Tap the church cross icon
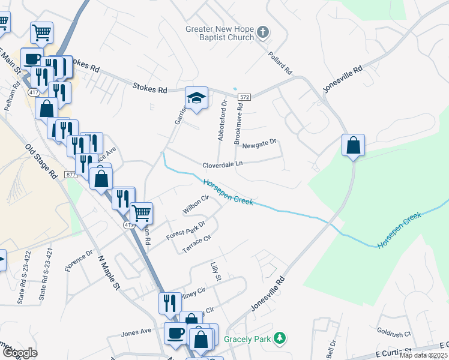pyautogui.click(x=262, y=31)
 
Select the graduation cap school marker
pyautogui.click(x=196, y=97)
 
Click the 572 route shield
pyautogui.click(x=243, y=97)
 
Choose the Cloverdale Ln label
pyautogui.click(x=222, y=163)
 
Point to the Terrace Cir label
pyautogui.click(x=197, y=244)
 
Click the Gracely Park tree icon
pyautogui.click(x=279, y=338)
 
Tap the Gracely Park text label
pyautogui.click(x=248, y=339)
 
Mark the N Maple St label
pyautogui.click(x=109, y=273)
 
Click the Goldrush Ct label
pyautogui.click(x=394, y=333)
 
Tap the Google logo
pyautogui.click(x=20, y=353)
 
